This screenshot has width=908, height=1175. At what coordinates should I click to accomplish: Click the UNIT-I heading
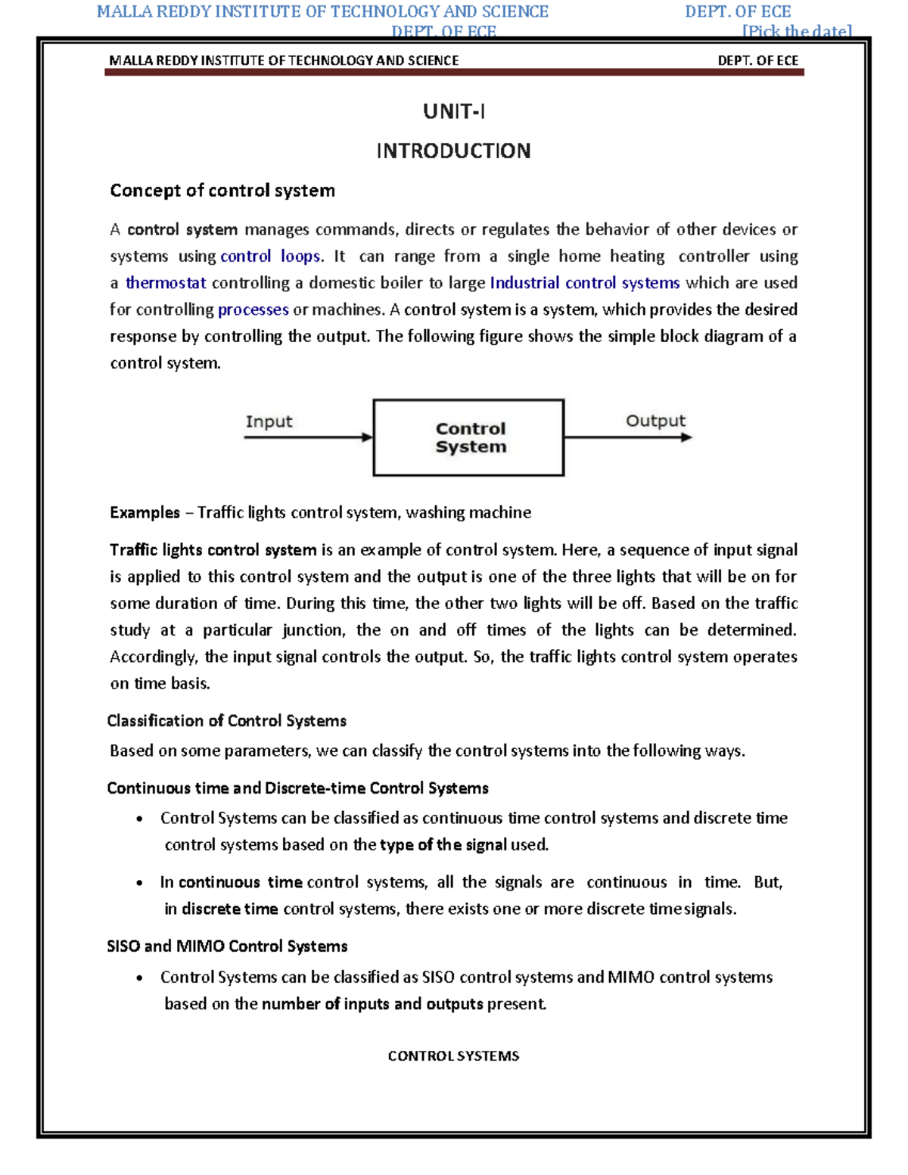pyautogui.click(x=453, y=112)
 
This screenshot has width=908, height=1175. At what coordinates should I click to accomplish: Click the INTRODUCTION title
pyautogui.click(x=453, y=151)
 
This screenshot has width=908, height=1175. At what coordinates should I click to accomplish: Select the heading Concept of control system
pyautogui.click(x=222, y=191)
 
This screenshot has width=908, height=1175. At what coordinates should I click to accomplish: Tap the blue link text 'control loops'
pyautogui.click(x=270, y=256)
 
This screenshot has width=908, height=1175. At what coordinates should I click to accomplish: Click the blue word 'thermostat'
pyautogui.click(x=166, y=283)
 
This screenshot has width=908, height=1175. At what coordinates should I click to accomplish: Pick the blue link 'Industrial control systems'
pyautogui.click(x=584, y=283)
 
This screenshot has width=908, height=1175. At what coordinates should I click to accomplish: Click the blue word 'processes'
pyautogui.click(x=253, y=309)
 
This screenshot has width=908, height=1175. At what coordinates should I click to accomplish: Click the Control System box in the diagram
pyautogui.click(x=469, y=437)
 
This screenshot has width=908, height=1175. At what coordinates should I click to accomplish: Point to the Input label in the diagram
pyautogui.click(x=269, y=421)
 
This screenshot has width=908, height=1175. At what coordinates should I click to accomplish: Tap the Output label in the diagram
pyautogui.click(x=655, y=421)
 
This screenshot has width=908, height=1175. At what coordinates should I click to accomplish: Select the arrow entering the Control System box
pyautogui.click(x=308, y=437)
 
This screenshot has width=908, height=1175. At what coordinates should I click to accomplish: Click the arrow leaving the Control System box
pyautogui.click(x=627, y=437)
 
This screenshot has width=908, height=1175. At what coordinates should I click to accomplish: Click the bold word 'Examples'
pyautogui.click(x=145, y=513)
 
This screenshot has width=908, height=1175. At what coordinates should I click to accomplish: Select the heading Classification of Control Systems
pyautogui.click(x=226, y=721)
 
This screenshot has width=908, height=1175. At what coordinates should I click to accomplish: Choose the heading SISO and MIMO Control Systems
pyautogui.click(x=227, y=947)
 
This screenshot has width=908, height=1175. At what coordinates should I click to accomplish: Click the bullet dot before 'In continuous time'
pyautogui.click(x=139, y=883)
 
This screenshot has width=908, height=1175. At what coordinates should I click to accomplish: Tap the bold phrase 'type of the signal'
pyautogui.click(x=443, y=845)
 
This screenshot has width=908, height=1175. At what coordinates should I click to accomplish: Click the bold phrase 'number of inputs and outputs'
pyautogui.click(x=372, y=1004)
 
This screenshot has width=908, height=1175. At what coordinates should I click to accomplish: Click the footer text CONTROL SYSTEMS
pyautogui.click(x=453, y=1056)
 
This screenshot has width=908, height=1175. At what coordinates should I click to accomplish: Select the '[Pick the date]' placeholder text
pyautogui.click(x=797, y=31)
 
